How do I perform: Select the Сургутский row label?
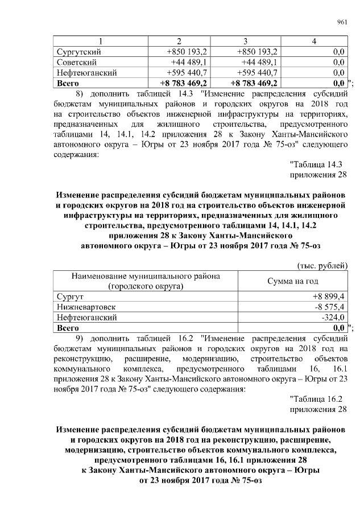(78, 51)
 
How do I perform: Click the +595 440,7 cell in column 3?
(257, 73)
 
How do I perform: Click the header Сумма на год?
(292, 282)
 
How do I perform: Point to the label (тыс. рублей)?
(322, 266)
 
